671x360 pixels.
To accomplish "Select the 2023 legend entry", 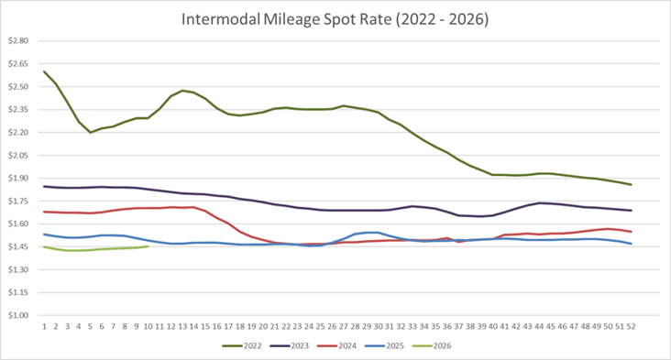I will coord(298,346).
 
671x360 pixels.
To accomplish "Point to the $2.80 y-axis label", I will coord(18,41).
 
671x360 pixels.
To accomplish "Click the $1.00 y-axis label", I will coord(18,315).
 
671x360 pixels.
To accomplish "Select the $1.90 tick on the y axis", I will coord(18,179).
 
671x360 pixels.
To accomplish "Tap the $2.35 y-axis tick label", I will coord(18,110).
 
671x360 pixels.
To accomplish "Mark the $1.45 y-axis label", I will coord(18,247).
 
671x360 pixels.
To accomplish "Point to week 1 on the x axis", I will coord(44,325).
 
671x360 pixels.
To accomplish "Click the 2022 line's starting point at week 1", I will coord(44,71).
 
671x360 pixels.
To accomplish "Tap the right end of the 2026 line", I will coord(148,245).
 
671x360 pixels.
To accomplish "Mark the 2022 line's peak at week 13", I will coord(182,91).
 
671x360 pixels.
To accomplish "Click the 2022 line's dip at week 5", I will coord(91,132).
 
